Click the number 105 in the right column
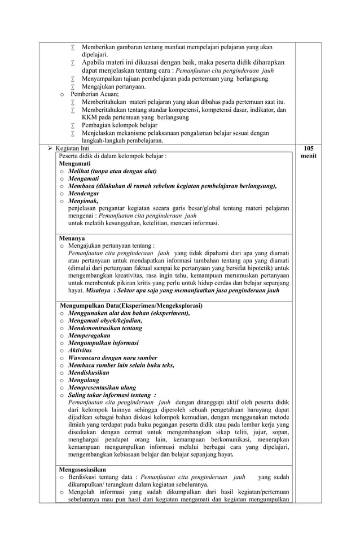[x=308, y=148]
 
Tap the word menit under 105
[x=308, y=156]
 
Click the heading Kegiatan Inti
[x=73, y=148]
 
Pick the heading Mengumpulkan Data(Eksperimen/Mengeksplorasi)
[x=131, y=305]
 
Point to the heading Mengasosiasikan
[x=82, y=469]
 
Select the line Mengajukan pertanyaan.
[x=114, y=86]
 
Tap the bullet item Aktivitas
[x=80, y=350]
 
